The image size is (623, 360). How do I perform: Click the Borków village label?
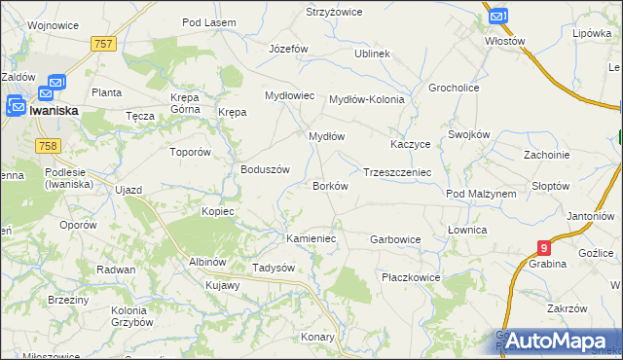pos(329,185)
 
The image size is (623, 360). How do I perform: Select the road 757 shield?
pos(104,44)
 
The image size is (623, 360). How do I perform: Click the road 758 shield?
pos(47,145)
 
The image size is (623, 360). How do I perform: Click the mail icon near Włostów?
pos(496,17)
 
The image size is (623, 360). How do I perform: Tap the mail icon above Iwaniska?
pos(55,85)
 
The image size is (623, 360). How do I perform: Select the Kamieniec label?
pos(311,238)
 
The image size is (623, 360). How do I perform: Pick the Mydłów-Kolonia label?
pos(366,99)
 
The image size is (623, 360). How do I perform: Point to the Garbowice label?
pos(395,238)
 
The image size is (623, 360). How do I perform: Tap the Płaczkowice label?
pos(411,277)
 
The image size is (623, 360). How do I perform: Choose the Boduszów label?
pos(266,168)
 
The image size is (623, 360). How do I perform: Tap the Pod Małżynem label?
pos(481,194)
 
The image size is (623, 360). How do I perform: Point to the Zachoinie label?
pos(546,155)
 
